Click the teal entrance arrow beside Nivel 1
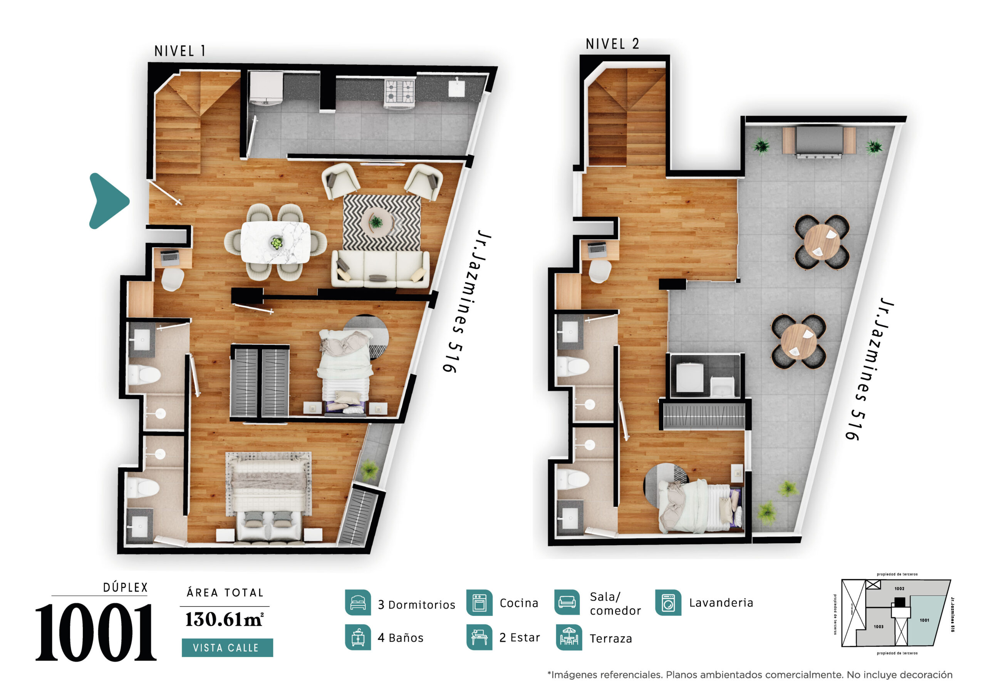pos(107,201)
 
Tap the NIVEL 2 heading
pos(612,44)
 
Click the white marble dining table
pos(275,242)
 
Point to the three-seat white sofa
pos(380,269)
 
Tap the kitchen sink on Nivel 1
pos(456,88)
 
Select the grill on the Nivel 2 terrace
pos(818,141)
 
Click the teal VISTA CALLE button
pos(227,648)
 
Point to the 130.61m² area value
pos(224,619)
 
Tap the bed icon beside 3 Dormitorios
pos(358,603)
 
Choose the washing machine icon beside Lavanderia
pos(668,603)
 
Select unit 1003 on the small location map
pos(878,627)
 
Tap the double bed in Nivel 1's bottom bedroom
pos(269,498)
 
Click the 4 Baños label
pos(400,638)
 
